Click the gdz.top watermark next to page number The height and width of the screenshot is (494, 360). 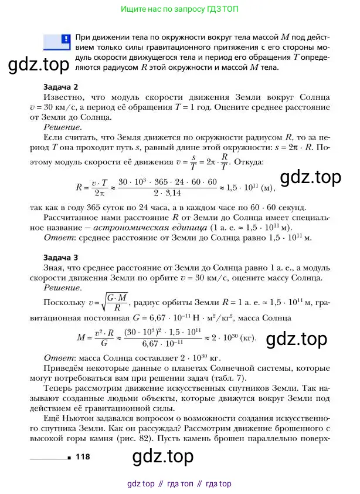(166, 456)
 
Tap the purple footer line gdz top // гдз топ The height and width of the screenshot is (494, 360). (179, 484)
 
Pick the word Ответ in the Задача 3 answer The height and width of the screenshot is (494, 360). (58, 358)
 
